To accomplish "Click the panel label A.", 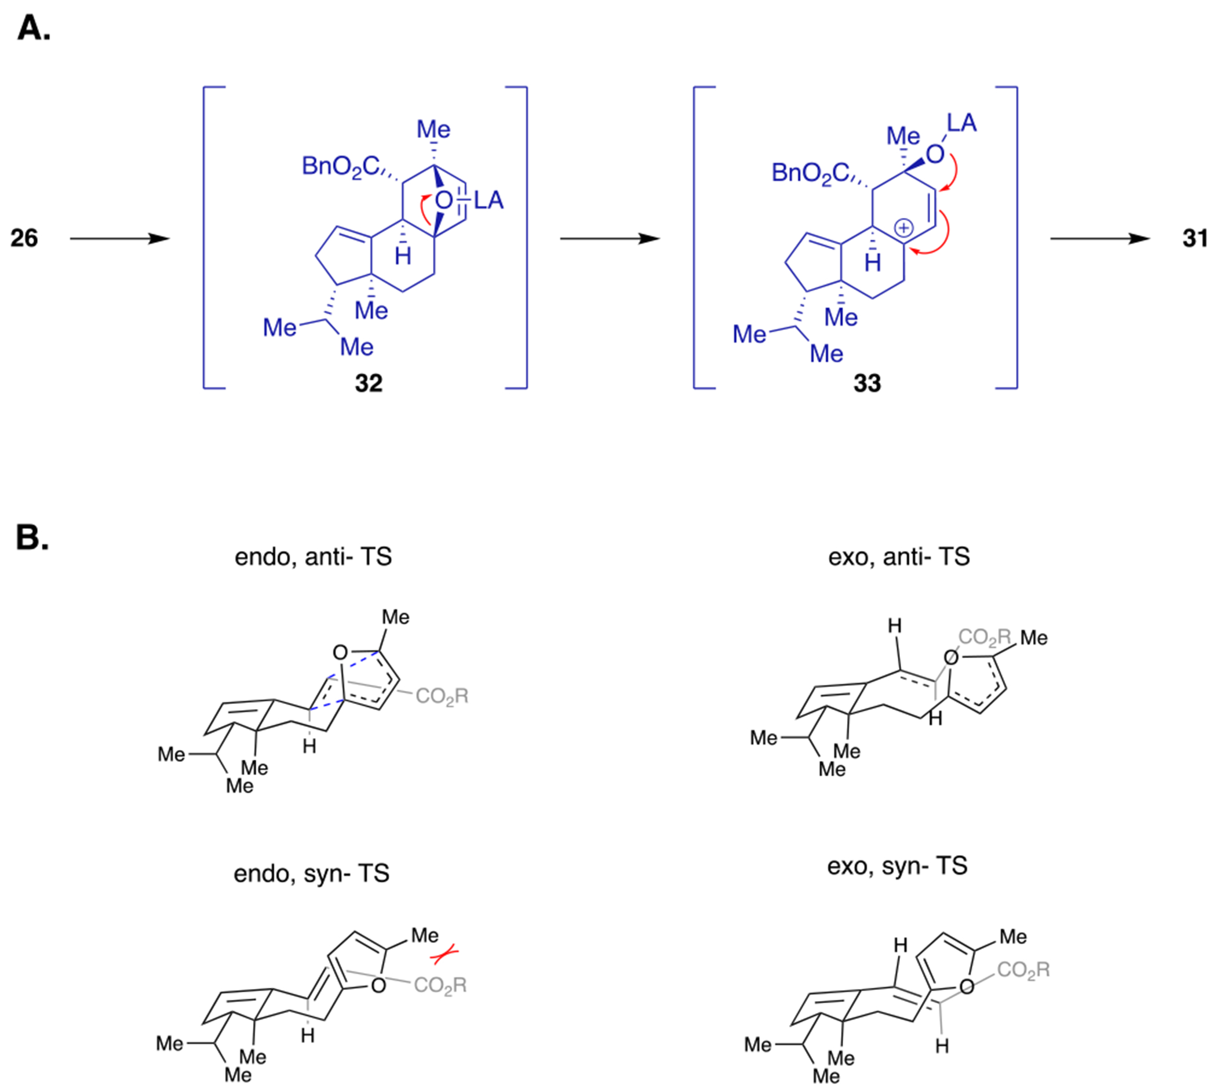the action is point(34,28).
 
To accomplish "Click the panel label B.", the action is point(32,537).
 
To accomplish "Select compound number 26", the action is point(24,238).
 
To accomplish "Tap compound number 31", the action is point(1195,238).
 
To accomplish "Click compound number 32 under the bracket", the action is point(369,383).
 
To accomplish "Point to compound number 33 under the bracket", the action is point(867,383).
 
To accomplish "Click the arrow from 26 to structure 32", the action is point(120,239).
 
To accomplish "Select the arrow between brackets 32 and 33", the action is point(610,239).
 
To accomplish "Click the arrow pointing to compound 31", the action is point(1100,239).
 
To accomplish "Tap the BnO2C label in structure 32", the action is point(340,166).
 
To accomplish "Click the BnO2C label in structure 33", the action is point(810,173).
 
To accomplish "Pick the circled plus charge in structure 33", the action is point(903,228).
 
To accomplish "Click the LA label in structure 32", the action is point(489,200).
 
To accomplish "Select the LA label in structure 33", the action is point(961,123).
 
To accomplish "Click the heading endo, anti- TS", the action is point(312,557).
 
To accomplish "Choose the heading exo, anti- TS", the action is point(898,557).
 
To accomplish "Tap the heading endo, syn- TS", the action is point(311,874).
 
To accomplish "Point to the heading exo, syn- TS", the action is point(897,866).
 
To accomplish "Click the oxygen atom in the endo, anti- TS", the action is point(340,652).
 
